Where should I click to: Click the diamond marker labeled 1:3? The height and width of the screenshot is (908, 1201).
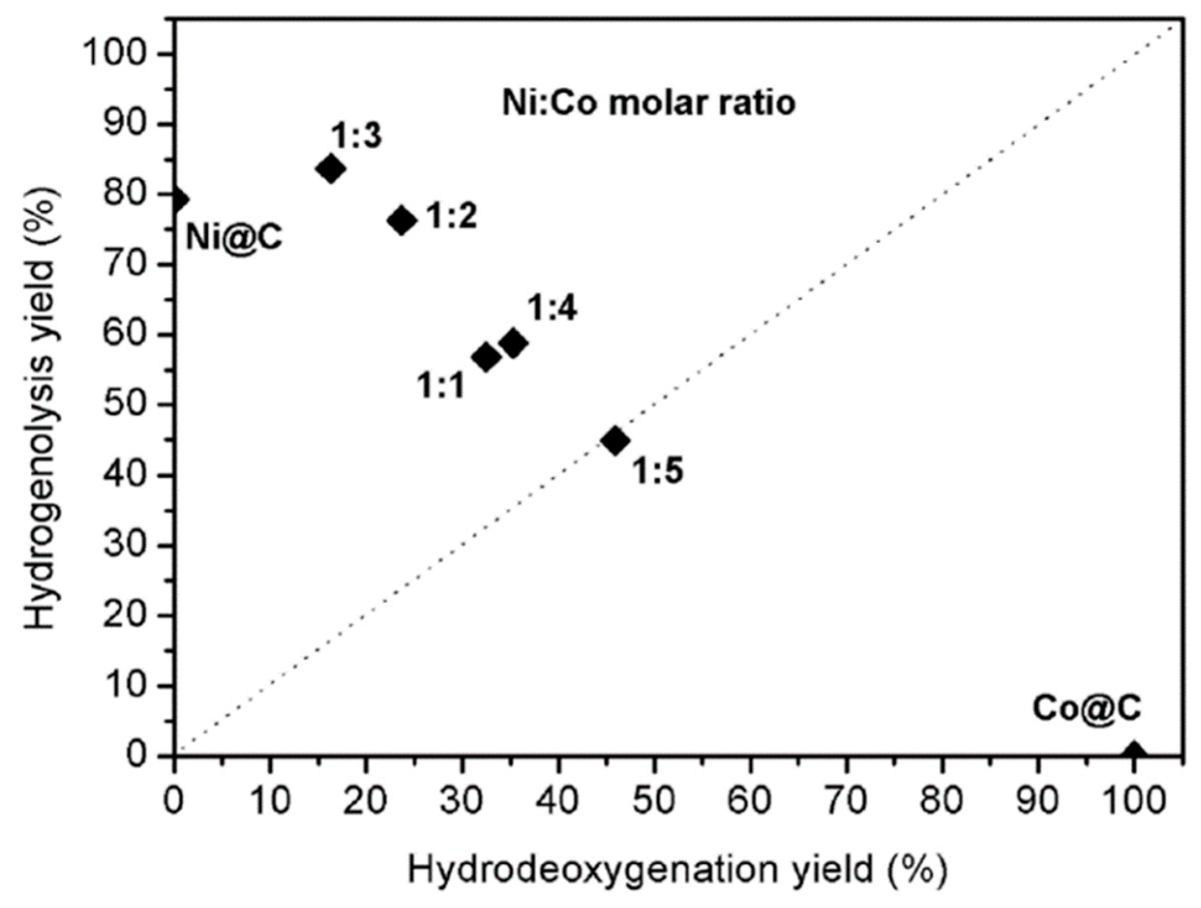[x=330, y=168]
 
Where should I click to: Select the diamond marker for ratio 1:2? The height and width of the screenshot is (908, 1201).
[x=402, y=220]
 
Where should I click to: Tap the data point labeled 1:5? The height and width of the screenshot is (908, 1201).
[x=615, y=440]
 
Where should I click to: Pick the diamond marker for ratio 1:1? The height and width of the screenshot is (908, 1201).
[x=486, y=357]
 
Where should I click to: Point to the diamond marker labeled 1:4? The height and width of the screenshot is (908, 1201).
[x=513, y=342]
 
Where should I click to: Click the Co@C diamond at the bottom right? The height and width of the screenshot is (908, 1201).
[x=1134, y=752]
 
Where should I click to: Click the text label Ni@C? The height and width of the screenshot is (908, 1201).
[x=234, y=237]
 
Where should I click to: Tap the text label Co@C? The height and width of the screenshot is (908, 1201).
[x=1087, y=708]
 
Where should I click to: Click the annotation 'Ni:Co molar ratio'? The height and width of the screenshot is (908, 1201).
[x=648, y=103]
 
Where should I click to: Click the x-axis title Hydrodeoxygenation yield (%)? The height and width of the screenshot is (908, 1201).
[x=677, y=870]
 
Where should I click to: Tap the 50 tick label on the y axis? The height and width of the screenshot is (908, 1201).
[x=124, y=405]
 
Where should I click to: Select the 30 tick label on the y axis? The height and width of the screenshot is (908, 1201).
[x=124, y=546]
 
